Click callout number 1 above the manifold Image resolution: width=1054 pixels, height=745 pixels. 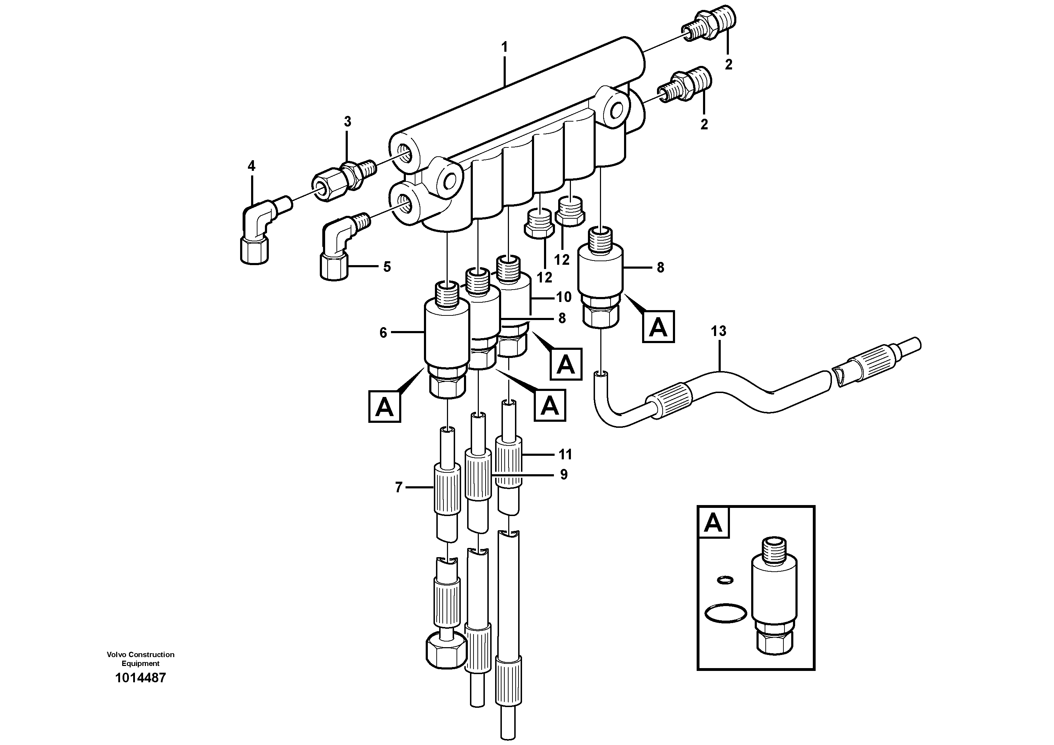pos(504,47)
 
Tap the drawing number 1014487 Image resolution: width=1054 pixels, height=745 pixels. pos(141,678)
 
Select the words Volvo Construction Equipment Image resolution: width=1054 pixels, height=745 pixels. pos(141,659)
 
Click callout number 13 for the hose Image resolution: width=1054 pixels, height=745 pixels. pos(719,331)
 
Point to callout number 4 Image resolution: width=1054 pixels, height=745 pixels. pos(251,166)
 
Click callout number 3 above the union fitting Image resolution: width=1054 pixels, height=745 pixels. pos(347,122)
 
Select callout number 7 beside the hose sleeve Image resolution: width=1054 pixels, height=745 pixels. pos(398,487)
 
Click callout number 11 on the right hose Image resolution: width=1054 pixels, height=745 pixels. pos(565,455)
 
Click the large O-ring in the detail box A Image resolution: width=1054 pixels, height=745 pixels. pos(725,613)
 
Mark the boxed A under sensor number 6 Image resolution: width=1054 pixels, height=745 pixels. pos(385,406)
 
